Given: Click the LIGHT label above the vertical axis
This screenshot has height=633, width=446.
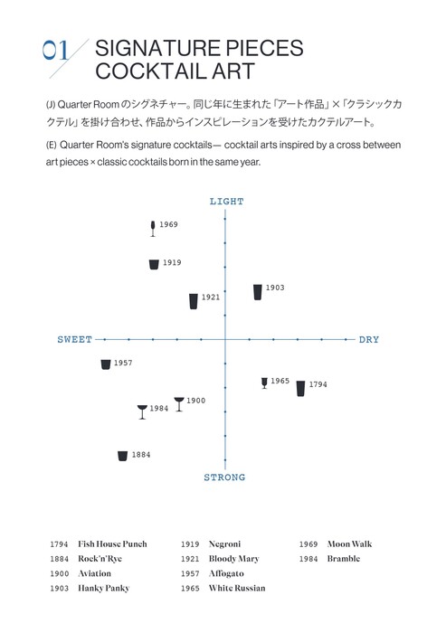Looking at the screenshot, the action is click(227, 202).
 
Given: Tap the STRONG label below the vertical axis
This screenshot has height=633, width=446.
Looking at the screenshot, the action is click(224, 477).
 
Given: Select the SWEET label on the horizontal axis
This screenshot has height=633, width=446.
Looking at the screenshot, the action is click(75, 339).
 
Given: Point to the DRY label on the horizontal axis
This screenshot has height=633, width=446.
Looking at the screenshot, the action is click(369, 339).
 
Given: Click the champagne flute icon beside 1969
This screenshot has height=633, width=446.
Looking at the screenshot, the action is click(153, 229).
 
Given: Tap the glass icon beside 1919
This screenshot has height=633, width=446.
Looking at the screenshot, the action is click(154, 264).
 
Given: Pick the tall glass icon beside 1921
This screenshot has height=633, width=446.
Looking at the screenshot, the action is click(194, 301).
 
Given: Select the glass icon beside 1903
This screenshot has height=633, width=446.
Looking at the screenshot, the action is click(257, 292).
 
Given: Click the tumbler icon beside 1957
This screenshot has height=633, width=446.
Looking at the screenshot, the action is click(106, 364).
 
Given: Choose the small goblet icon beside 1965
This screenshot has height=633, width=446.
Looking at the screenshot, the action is click(264, 383).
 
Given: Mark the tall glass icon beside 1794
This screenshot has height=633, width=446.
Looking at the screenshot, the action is click(300, 388).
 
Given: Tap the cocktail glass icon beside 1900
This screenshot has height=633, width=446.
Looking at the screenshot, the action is click(179, 404).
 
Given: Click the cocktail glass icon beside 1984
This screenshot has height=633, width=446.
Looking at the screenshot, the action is click(142, 412).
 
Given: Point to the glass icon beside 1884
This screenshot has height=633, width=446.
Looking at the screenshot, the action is click(122, 456).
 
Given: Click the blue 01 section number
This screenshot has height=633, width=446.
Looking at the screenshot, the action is click(56, 51).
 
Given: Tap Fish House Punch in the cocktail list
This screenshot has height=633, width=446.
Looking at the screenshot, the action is click(112, 544).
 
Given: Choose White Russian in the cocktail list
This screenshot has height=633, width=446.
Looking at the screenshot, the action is click(237, 588).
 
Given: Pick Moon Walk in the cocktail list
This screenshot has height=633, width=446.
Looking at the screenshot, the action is click(349, 544).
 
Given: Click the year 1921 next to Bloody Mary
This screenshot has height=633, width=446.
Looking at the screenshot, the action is click(190, 559).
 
